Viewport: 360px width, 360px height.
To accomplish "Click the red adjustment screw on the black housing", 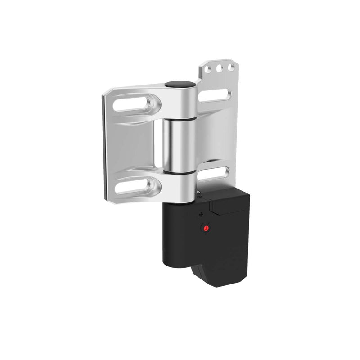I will click(206, 229).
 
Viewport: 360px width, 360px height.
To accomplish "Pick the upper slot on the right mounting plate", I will click(214, 94).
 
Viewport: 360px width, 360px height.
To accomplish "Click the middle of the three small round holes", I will click(220, 68).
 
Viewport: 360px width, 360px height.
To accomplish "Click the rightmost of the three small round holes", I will click(230, 67).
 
